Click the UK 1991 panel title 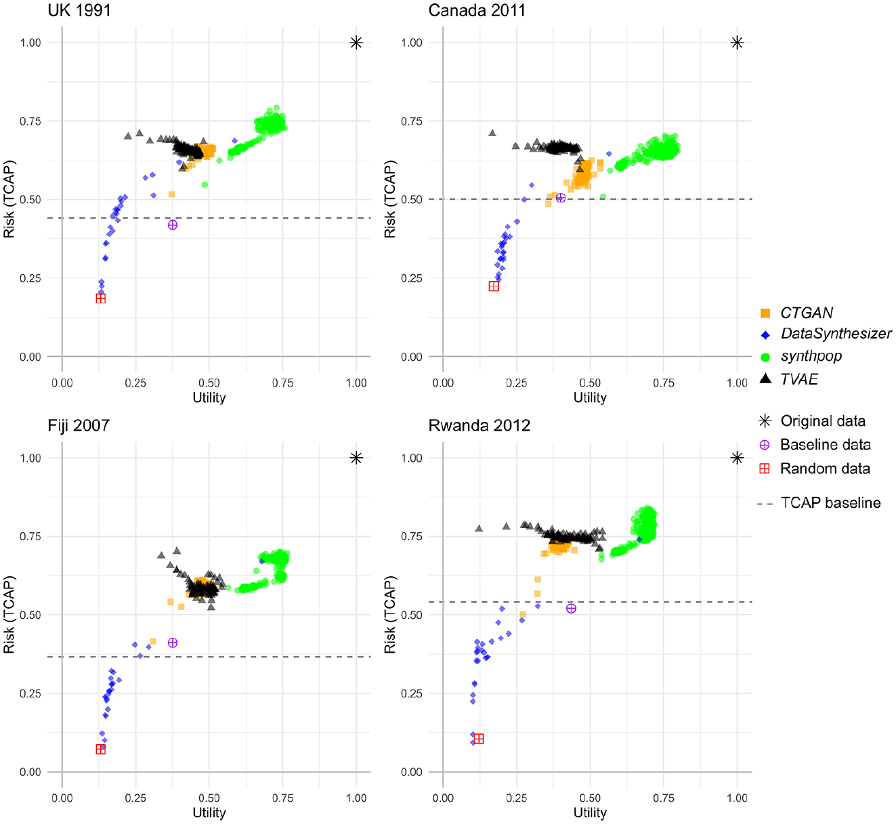[x=79, y=10]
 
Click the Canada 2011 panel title [x=477, y=10]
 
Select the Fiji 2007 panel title [x=79, y=426]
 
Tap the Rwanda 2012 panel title [x=479, y=426]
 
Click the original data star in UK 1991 [x=356, y=43]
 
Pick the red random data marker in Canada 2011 [x=494, y=286]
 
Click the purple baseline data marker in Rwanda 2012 [x=571, y=608]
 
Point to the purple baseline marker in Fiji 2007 [x=173, y=643]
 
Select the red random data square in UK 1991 [x=101, y=299]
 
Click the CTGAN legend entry [x=796, y=313]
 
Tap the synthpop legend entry [x=801, y=356]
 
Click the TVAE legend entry [x=789, y=378]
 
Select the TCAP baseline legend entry [x=819, y=503]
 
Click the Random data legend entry [x=815, y=469]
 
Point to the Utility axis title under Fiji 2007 [x=209, y=812]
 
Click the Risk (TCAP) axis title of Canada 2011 [x=390, y=199]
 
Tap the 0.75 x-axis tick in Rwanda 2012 [x=663, y=798]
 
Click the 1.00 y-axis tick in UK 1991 [x=30, y=43]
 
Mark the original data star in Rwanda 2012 [x=737, y=458]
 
